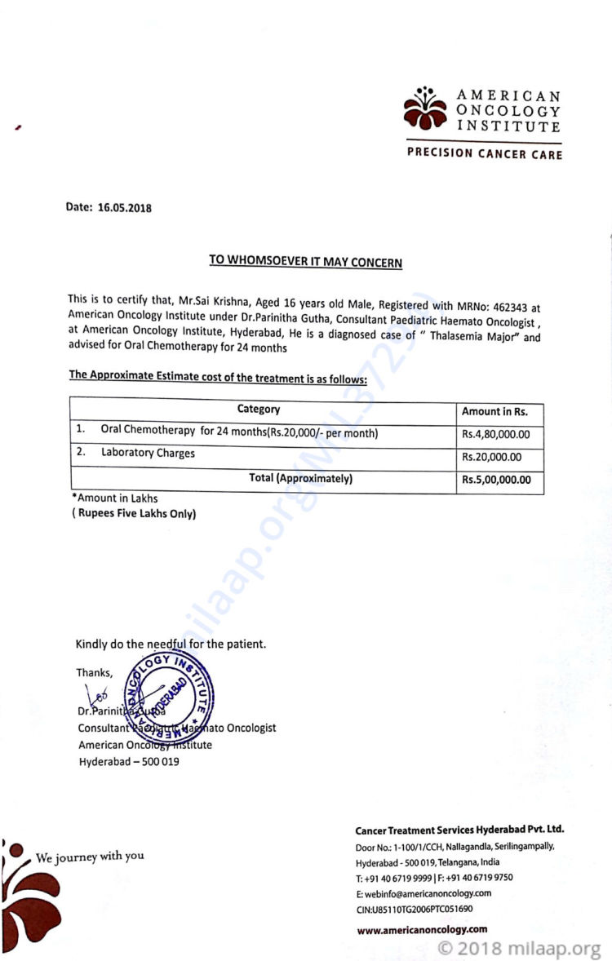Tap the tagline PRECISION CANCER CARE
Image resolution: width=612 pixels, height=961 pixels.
coord(485,154)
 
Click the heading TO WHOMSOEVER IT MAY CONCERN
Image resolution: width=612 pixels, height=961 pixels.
coord(305,261)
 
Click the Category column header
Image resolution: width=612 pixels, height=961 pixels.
coord(259,410)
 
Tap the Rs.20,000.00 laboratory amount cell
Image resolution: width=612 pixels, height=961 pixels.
coord(491,457)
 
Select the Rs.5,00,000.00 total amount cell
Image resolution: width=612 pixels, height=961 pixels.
coord(496,480)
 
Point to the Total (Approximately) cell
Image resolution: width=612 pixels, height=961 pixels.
coord(300,479)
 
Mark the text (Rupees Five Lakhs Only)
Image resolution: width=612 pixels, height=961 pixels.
coord(134,513)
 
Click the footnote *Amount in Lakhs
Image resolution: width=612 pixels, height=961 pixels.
coord(115,498)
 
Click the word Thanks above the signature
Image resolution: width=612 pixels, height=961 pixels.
coord(95,673)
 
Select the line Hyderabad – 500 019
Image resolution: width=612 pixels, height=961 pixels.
coord(129,761)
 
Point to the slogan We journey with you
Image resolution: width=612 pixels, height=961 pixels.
coord(90,857)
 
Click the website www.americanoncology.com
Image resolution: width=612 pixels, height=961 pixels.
coord(422,928)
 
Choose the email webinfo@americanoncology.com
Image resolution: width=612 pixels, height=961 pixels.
coord(423,893)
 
